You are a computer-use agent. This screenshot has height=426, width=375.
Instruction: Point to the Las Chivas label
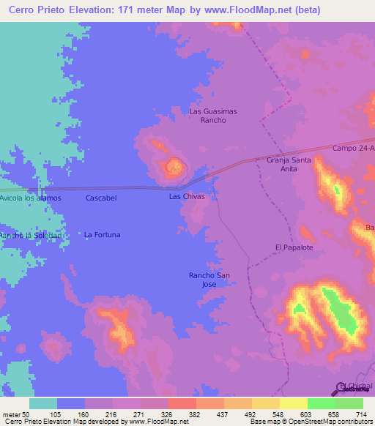click(x=187, y=197)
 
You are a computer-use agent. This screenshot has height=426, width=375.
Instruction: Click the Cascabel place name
click(x=101, y=198)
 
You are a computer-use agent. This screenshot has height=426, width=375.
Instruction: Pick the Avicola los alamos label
click(x=31, y=198)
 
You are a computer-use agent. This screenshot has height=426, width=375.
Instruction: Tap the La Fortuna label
click(x=102, y=235)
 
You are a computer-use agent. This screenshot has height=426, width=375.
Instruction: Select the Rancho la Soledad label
click(x=30, y=235)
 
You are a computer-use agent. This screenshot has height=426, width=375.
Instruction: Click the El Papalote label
click(x=294, y=247)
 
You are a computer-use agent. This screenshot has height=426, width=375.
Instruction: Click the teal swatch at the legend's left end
click(x=43, y=403)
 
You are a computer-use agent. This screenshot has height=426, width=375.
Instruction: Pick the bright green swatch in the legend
click(x=321, y=403)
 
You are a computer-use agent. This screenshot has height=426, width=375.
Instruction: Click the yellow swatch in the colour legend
click(x=293, y=403)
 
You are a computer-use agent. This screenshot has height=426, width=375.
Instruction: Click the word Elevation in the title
click(x=89, y=8)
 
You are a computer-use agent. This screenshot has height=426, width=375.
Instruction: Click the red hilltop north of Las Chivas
click(x=174, y=168)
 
